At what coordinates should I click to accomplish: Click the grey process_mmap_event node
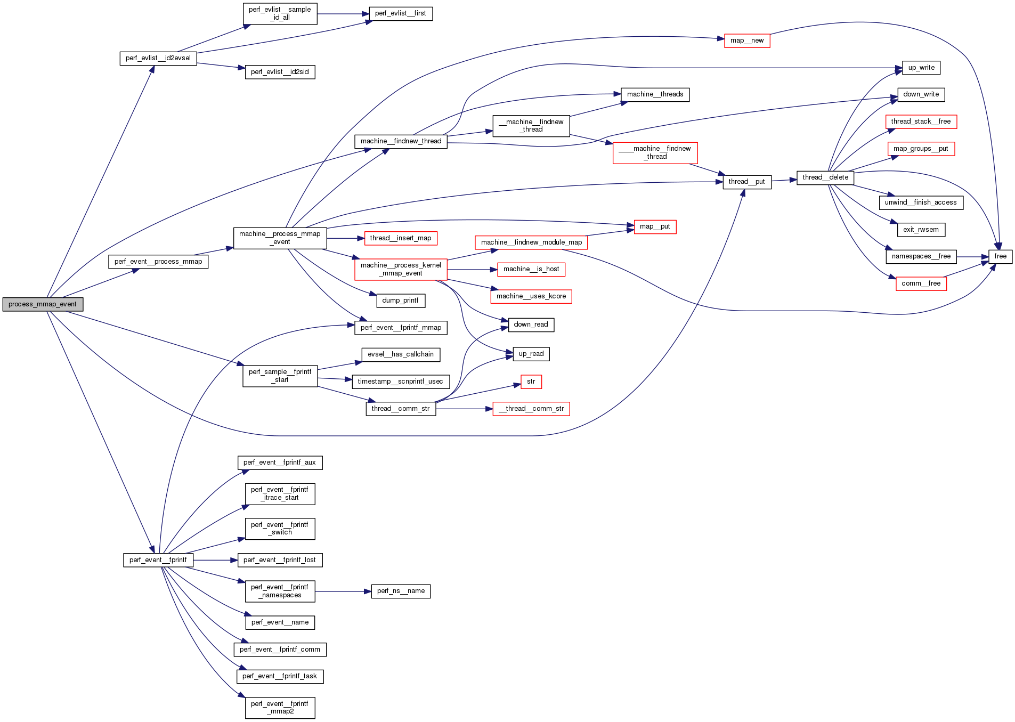(43, 304)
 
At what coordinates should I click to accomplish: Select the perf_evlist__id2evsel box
(158, 58)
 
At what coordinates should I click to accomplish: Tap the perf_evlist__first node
(400, 13)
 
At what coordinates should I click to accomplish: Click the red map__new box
(746, 40)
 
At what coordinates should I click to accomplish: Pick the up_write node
(921, 68)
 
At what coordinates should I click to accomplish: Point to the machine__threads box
(655, 94)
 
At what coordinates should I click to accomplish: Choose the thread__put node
(746, 182)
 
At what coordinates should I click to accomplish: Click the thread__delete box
(825, 177)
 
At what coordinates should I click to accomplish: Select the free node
(1000, 256)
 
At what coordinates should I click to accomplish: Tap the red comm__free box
(921, 283)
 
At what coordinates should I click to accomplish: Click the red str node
(531, 382)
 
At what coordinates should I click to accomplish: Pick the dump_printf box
(400, 301)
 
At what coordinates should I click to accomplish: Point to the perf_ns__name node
(401, 591)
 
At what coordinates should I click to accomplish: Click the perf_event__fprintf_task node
(279, 676)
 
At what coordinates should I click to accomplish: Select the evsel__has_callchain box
(400, 354)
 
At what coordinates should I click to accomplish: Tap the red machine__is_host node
(531, 269)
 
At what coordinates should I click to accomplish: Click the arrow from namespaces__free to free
(972, 257)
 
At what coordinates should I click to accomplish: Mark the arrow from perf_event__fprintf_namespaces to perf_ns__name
(343, 591)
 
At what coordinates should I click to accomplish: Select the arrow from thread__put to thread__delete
(784, 181)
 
